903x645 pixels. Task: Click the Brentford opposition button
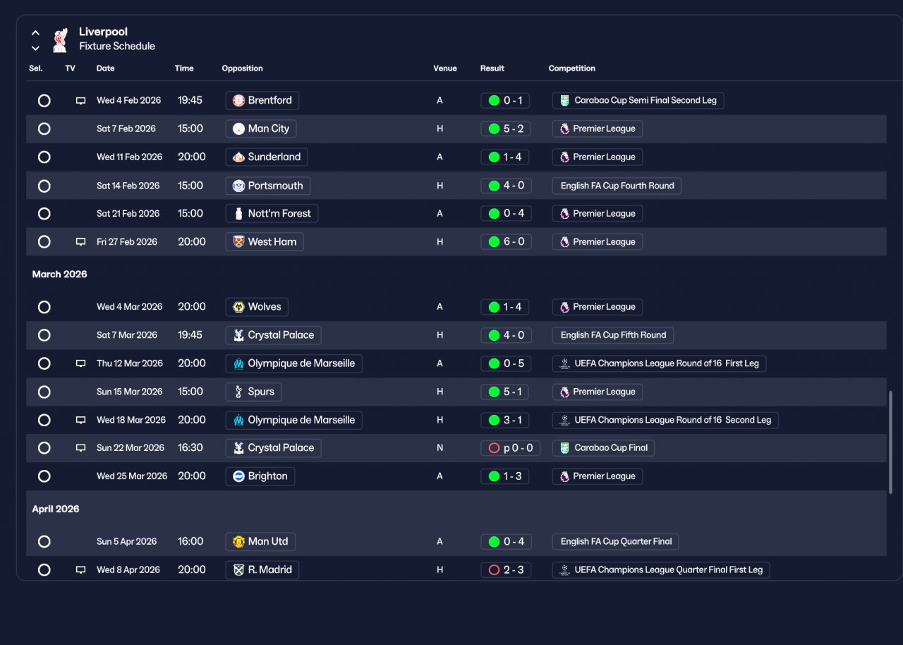[x=262, y=100]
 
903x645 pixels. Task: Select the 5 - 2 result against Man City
[x=506, y=128]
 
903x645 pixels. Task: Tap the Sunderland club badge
[x=238, y=157]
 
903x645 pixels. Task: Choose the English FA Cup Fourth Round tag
[x=617, y=186]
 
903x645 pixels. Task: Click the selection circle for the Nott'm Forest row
[x=44, y=214]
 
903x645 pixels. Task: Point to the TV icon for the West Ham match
[x=80, y=242]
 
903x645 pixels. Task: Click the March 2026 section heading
[x=60, y=274]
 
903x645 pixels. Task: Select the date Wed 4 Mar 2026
[x=129, y=307]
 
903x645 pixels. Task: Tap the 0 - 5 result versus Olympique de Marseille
[x=506, y=363]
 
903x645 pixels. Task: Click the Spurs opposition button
[x=253, y=392]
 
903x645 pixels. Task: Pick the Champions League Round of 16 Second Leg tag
[x=665, y=420]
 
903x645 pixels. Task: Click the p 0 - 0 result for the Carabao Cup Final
[x=510, y=448]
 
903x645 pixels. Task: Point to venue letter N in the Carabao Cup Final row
[x=440, y=448]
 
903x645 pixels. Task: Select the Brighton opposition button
[x=260, y=476]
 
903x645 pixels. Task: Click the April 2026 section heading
[x=56, y=509]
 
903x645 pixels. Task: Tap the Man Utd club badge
[x=238, y=541]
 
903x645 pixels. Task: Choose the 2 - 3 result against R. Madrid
[x=506, y=569]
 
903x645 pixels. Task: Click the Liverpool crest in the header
[x=61, y=40]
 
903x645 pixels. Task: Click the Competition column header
[x=571, y=68]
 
